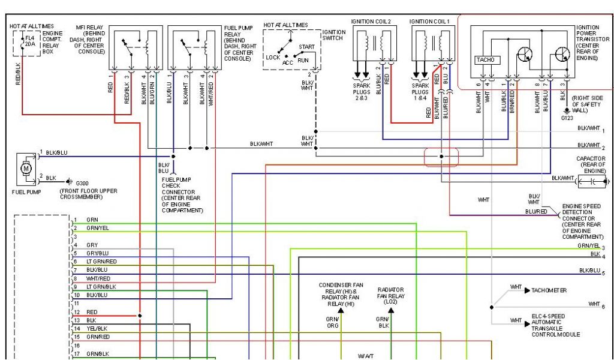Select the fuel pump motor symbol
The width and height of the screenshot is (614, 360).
tap(25, 169)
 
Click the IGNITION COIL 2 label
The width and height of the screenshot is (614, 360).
tap(371, 22)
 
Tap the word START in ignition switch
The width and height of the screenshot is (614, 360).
tap(306, 46)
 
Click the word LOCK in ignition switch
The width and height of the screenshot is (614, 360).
tap(273, 58)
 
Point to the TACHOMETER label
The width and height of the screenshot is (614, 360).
tap(549, 290)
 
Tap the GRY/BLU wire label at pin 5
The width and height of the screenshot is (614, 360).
tap(97, 254)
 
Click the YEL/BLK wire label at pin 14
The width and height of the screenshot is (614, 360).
tap(97, 329)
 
